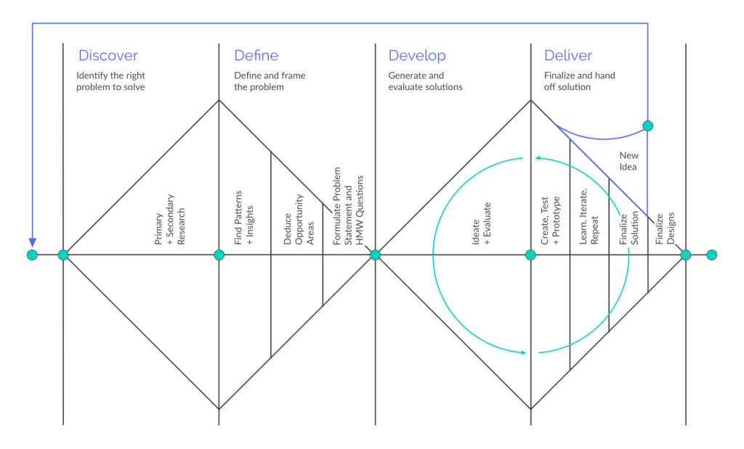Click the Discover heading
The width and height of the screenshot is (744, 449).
point(108,55)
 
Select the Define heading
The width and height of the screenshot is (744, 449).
point(256,55)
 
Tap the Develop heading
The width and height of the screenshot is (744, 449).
point(417,56)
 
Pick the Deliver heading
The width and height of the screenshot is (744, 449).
point(568,55)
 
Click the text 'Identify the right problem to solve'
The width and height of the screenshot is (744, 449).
point(110,81)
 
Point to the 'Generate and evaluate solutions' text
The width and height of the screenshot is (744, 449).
point(425,81)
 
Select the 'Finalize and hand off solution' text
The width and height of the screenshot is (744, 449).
point(579,81)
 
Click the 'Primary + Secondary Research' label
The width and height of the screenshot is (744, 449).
point(169,219)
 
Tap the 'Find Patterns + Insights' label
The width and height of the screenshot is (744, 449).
point(244,218)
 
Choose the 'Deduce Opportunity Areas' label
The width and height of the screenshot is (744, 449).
point(299,219)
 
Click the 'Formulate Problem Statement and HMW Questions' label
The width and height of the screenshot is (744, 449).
point(348,206)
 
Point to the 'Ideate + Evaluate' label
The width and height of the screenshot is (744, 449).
point(481,223)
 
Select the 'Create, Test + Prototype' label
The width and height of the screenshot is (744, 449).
point(551,221)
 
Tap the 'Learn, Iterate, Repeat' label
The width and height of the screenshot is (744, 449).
point(589,216)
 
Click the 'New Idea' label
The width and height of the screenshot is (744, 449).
point(628,161)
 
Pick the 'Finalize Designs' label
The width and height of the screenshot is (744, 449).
point(665,228)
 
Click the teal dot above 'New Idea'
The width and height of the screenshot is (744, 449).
point(647,125)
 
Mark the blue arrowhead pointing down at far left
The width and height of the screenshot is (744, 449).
point(32,243)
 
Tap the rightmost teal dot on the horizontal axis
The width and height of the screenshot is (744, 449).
point(712,255)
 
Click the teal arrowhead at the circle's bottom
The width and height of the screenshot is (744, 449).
point(523,353)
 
